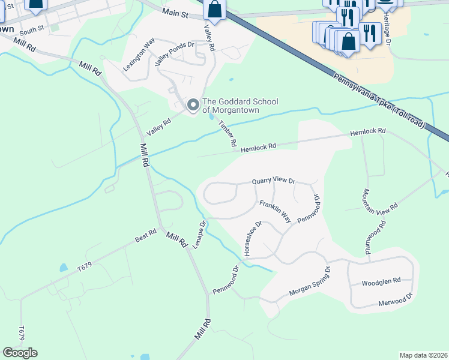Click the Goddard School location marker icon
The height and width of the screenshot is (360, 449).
click(193, 106)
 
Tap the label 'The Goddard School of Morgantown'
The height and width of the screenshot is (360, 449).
click(240, 106)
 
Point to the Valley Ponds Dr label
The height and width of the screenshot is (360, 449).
click(175, 53)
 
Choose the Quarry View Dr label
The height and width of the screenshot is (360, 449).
click(274, 180)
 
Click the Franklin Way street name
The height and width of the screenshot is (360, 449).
click(275, 212)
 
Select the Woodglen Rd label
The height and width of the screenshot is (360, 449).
click(381, 281)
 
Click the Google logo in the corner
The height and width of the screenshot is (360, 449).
click(20, 353)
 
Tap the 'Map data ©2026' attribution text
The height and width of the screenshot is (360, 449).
click(423, 355)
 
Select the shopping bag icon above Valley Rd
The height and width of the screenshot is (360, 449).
click(214, 10)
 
